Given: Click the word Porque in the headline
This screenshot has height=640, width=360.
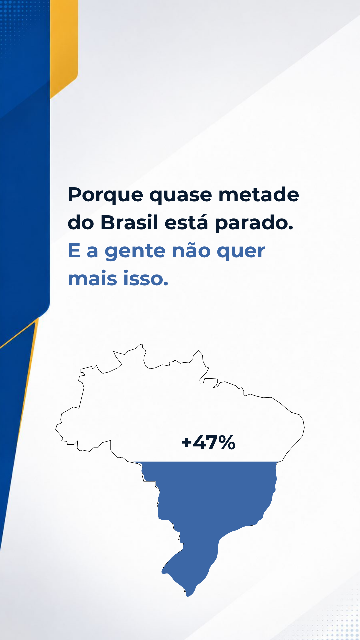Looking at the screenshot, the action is pyautogui.click(x=105, y=195).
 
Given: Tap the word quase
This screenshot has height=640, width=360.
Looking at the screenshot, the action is pyautogui.click(x=180, y=196).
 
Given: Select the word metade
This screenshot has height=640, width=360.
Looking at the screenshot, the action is pyautogui.click(x=259, y=194).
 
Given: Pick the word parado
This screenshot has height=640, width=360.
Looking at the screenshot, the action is pyautogui.click(x=254, y=223).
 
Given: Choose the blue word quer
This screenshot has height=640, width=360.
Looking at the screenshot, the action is pyautogui.click(x=241, y=252).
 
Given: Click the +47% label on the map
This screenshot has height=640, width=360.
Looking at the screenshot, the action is pyautogui.click(x=208, y=443).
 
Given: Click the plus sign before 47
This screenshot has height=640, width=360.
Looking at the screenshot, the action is pyautogui.click(x=187, y=443).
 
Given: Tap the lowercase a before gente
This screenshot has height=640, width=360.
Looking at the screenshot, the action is pyautogui.click(x=92, y=252).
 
